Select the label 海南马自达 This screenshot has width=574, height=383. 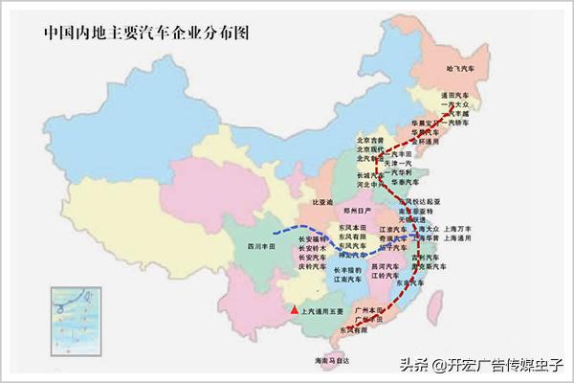pyautogui.click(x=332, y=360)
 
